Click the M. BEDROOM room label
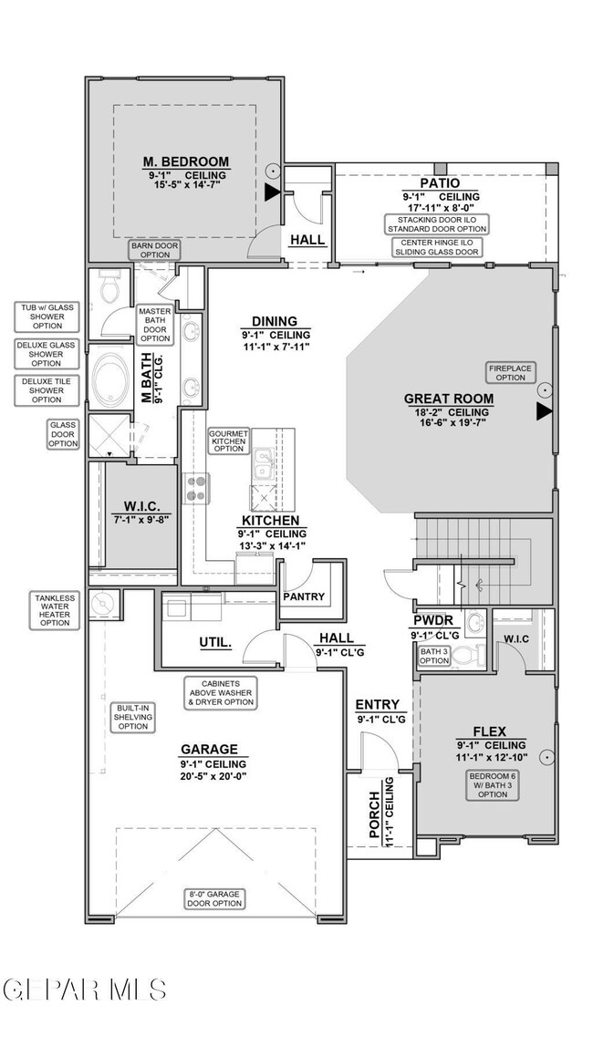coord(186,161)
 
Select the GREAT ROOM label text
coord(449,399)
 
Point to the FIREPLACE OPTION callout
coord(510,372)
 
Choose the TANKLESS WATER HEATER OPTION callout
coord(55,610)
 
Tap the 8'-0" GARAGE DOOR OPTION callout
coord(213,898)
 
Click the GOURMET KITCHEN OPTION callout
coord(228,441)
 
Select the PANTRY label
coord(304,596)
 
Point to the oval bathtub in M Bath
coord(112,379)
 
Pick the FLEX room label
coord(490,731)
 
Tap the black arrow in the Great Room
coord(544,411)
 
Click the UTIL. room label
coord(215,642)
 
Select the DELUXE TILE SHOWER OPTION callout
coord(47,390)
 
